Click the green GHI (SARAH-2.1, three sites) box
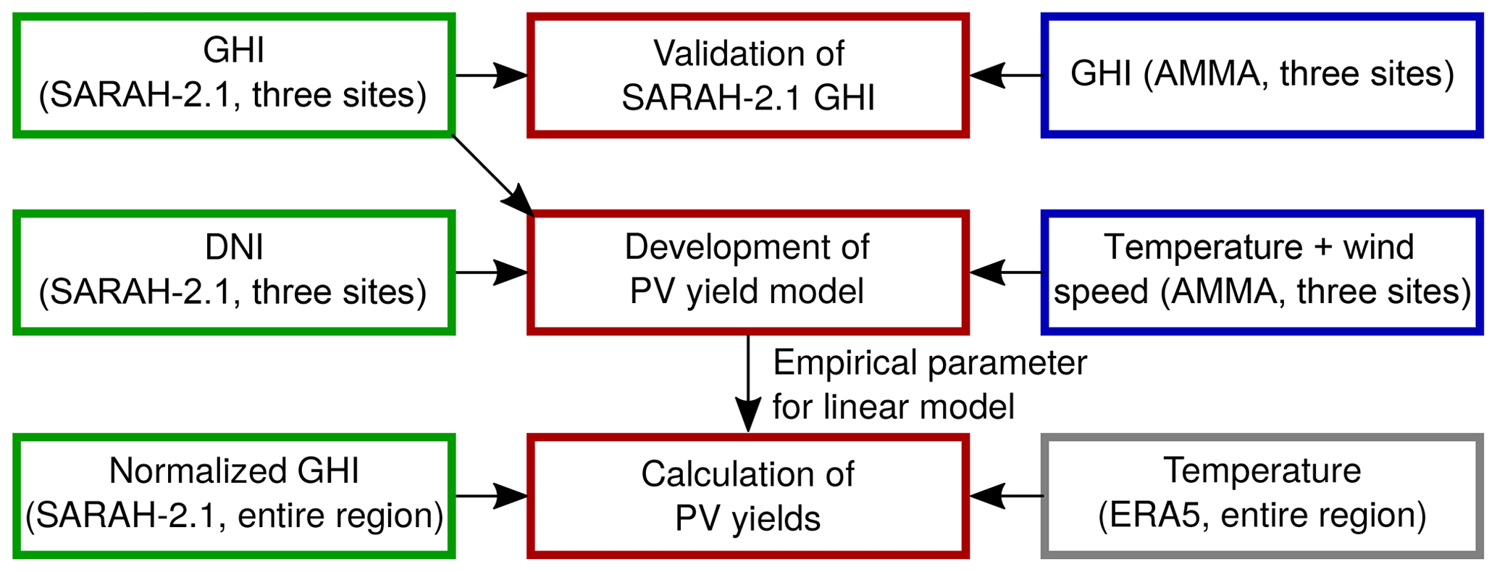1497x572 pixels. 233,75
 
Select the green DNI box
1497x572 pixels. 233,272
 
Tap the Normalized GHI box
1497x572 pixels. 233,496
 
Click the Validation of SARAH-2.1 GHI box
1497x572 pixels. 747,75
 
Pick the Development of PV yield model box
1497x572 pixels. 747,272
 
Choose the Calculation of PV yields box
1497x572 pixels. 747,496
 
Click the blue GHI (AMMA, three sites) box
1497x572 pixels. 1262,75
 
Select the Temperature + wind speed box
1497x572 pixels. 1262,272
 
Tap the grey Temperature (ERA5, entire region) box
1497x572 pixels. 1262,496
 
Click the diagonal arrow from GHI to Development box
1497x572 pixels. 492,174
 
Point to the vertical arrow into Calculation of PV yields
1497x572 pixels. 747,384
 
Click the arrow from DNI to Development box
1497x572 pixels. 491,272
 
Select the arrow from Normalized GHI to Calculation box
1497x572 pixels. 491,496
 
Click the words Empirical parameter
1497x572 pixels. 929,362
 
